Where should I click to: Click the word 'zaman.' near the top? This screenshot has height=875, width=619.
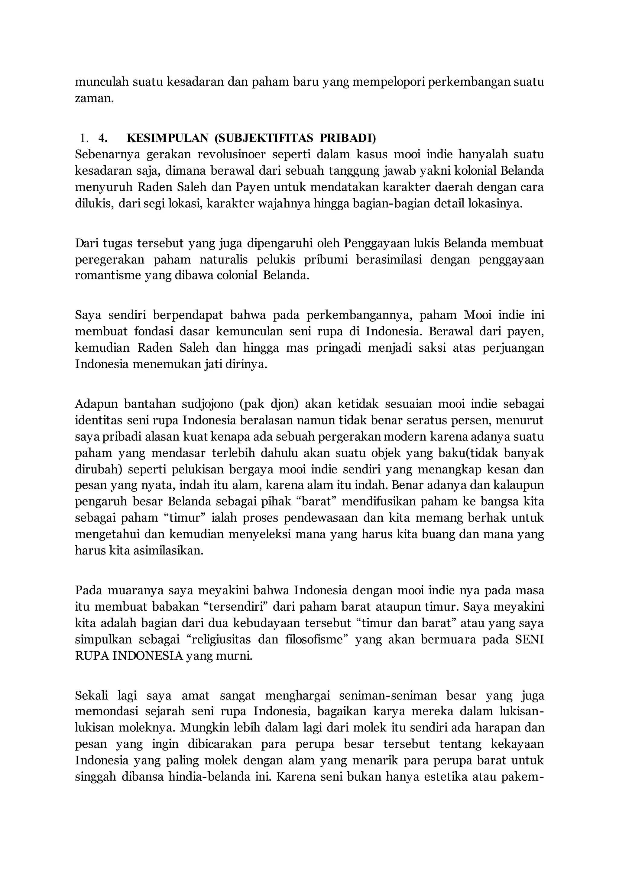(94, 99)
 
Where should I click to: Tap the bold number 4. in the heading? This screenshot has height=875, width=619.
(103, 138)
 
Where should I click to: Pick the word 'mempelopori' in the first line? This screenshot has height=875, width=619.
(388, 82)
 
